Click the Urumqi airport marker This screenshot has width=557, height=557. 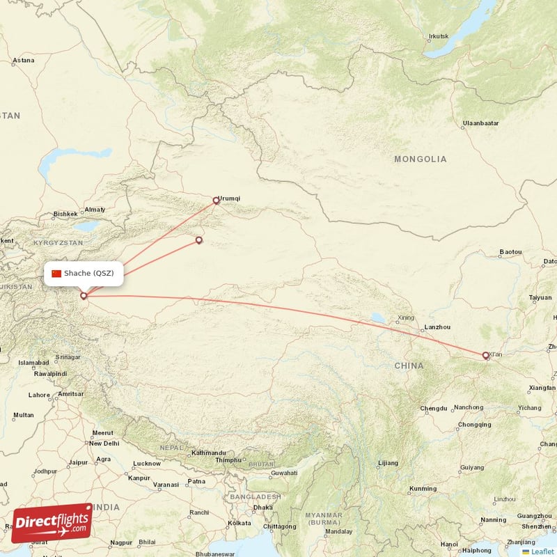[x=216, y=201]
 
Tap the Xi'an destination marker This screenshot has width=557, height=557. [x=486, y=356]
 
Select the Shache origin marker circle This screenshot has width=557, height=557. [x=84, y=296]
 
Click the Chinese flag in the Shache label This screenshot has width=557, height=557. [x=56, y=273]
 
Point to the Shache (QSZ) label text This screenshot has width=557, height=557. [x=88, y=273]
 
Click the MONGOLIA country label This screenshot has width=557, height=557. [x=420, y=159]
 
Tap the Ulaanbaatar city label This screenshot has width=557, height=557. [x=480, y=123]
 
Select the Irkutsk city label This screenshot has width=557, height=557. [x=439, y=36]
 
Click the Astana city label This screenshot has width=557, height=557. [x=23, y=61]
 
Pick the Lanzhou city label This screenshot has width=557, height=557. [x=437, y=327]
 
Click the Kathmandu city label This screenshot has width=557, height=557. [x=209, y=453]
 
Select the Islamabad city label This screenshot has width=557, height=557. [x=33, y=363]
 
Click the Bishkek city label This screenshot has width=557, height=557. [x=66, y=214]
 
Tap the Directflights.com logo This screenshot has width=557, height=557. [x=52, y=523]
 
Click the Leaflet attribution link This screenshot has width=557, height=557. [x=542, y=551]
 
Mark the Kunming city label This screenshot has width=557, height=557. [x=423, y=489]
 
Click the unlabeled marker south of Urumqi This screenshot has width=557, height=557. [x=199, y=241]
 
